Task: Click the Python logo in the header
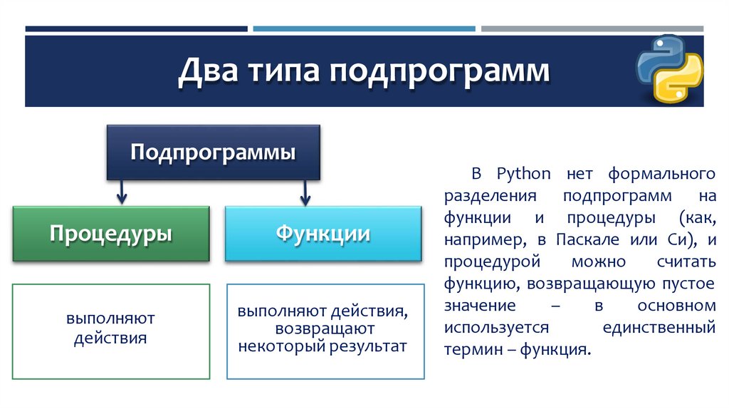click(668, 69)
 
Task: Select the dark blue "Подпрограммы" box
click(213, 152)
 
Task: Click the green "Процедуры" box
click(110, 234)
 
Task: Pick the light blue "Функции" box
click(323, 234)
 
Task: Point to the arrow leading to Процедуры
click(122, 192)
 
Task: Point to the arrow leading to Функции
click(305, 192)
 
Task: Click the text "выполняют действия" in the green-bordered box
click(110, 328)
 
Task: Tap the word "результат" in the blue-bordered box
click(371, 347)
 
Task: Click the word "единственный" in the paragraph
click(658, 328)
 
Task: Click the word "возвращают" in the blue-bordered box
click(324, 329)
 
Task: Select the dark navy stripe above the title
click(136, 29)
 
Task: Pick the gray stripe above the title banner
click(592, 29)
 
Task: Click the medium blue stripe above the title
click(364, 29)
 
